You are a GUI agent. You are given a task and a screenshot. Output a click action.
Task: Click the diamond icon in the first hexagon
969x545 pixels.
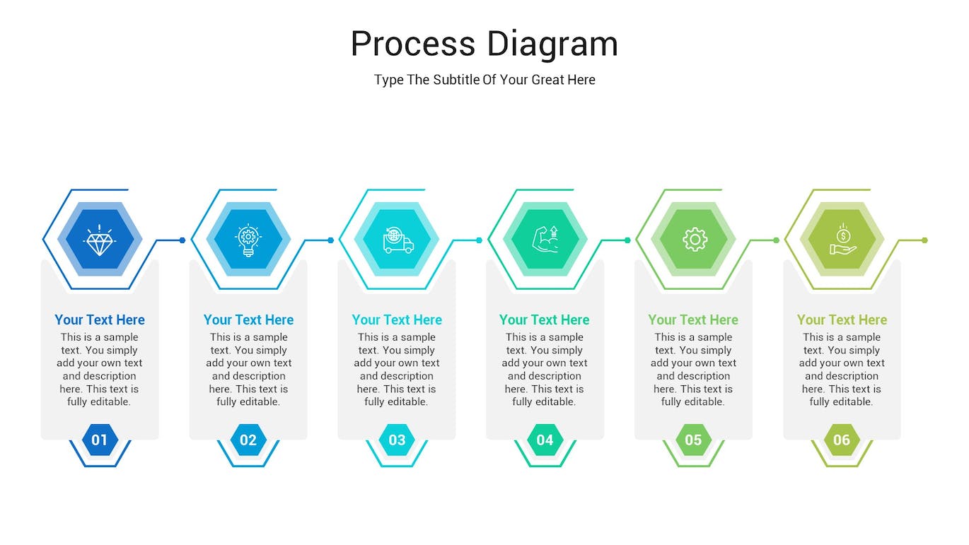pyautogui.click(x=100, y=240)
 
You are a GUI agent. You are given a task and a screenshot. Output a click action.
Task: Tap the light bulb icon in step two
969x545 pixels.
pyautogui.click(x=248, y=240)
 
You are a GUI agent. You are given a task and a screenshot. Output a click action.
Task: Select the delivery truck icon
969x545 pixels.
pyautogui.click(x=398, y=240)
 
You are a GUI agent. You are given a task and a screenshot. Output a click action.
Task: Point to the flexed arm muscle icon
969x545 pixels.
pyautogui.click(x=545, y=240)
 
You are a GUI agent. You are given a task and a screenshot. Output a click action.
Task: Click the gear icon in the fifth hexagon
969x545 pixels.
pyautogui.click(x=695, y=240)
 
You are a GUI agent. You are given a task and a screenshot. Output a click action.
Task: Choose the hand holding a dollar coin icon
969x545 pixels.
pyautogui.click(x=842, y=240)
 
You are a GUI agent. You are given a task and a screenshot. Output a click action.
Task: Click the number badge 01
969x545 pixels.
pyautogui.click(x=100, y=440)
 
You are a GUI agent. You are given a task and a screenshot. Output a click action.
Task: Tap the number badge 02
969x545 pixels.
pyautogui.click(x=248, y=440)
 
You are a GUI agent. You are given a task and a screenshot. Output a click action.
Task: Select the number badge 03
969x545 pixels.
pyautogui.click(x=397, y=440)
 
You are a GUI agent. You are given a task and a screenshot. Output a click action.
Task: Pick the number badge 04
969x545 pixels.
pyautogui.click(x=545, y=440)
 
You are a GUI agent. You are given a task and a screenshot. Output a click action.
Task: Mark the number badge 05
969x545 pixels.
pyautogui.click(x=693, y=440)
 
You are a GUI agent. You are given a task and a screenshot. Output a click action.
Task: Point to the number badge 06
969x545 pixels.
pyautogui.click(x=842, y=440)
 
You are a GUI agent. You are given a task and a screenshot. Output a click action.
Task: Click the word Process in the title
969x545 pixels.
pyautogui.click(x=412, y=44)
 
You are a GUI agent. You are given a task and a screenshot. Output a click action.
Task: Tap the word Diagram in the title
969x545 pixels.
pyautogui.click(x=552, y=44)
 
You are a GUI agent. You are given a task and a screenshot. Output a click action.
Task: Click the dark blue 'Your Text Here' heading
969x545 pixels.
pyautogui.click(x=100, y=320)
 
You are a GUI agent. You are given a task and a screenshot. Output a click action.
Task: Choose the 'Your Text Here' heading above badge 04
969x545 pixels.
pyautogui.click(x=545, y=320)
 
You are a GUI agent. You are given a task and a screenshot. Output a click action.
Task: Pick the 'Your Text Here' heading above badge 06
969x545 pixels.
pyautogui.click(x=842, y=320)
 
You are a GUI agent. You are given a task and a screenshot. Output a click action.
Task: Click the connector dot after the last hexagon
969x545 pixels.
pyautogui.click(x=924, y=240)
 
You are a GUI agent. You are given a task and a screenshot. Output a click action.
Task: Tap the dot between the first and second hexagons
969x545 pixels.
pyautogui.click(x=182, y=240)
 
